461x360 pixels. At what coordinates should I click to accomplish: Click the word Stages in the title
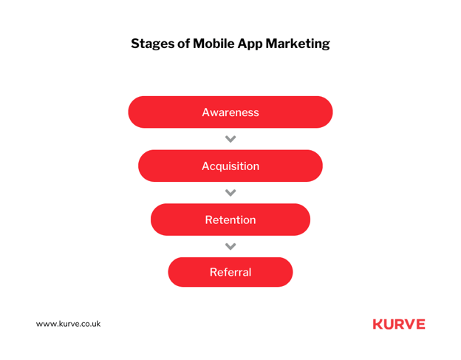153,44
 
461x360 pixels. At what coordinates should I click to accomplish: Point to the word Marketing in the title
298,44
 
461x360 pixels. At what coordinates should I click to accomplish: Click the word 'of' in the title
184,43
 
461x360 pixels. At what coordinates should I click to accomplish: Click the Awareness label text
230,112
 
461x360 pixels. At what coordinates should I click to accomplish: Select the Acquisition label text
230,166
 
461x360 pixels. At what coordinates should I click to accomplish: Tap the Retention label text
230,220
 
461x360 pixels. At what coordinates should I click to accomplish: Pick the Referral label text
230,272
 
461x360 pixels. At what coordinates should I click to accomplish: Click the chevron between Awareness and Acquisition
230,139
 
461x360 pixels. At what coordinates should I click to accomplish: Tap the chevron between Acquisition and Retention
230,193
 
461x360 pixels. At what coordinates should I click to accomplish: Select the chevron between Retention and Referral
230,246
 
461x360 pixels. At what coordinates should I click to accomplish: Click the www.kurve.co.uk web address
68,324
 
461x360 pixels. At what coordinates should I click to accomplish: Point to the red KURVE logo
399,325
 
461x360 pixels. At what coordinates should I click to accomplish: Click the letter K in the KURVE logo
378,325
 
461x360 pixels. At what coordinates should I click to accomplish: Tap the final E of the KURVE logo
420,325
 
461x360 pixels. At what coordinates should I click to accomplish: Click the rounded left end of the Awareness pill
136,112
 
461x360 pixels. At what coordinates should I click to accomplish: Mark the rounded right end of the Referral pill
285,272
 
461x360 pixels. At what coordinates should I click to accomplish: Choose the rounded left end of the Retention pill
158,220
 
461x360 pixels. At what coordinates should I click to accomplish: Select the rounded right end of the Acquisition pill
315,166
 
